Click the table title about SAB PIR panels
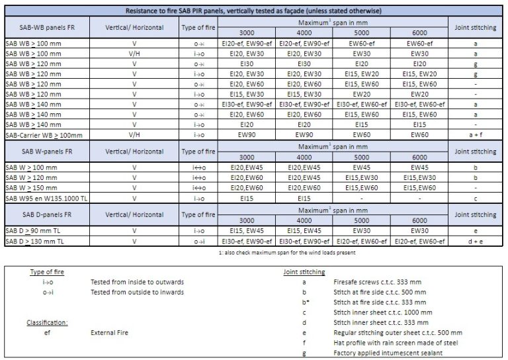(253, 11)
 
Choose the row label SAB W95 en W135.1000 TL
(44, 198)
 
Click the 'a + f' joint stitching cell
(476, 135)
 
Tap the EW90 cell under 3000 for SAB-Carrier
(246, 135)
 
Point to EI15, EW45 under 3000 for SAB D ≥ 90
(246, 231)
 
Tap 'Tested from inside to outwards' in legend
(137, 282)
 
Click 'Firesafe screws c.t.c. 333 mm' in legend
(378, 282)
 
